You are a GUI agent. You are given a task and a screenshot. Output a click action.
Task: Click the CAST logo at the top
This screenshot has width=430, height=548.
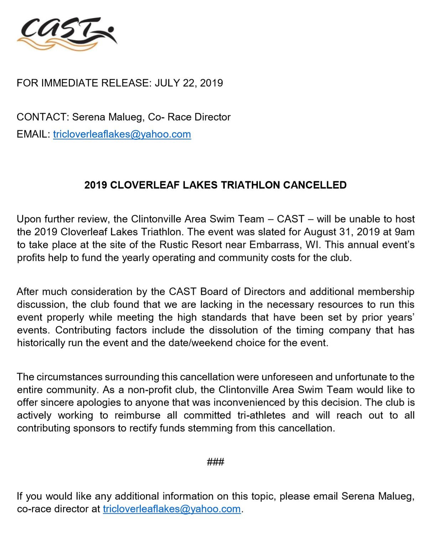pyautogui.click(x=67, y=33)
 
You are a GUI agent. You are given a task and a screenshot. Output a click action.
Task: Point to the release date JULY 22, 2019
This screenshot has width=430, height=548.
pyautogui.click(x=189, y=83)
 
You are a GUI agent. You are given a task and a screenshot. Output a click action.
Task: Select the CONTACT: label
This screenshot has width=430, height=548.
pyautogui.click(x=43, y=117)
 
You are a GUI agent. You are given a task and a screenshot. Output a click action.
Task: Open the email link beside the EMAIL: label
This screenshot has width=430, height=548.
pyautogui.click(x=122, y=134)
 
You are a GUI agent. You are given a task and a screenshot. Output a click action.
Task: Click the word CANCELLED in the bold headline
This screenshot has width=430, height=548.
pyautogui.click(x=315, y=185)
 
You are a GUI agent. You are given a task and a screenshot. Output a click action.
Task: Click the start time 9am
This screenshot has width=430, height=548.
pyautogui.click(x=404, y=232)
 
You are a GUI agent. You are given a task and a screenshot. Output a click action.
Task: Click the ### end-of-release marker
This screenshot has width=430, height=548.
pyautogui.click(x=215, y=462)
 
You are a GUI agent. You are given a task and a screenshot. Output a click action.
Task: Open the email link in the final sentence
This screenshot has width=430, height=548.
pyautogui.click(x=172, y=509)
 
